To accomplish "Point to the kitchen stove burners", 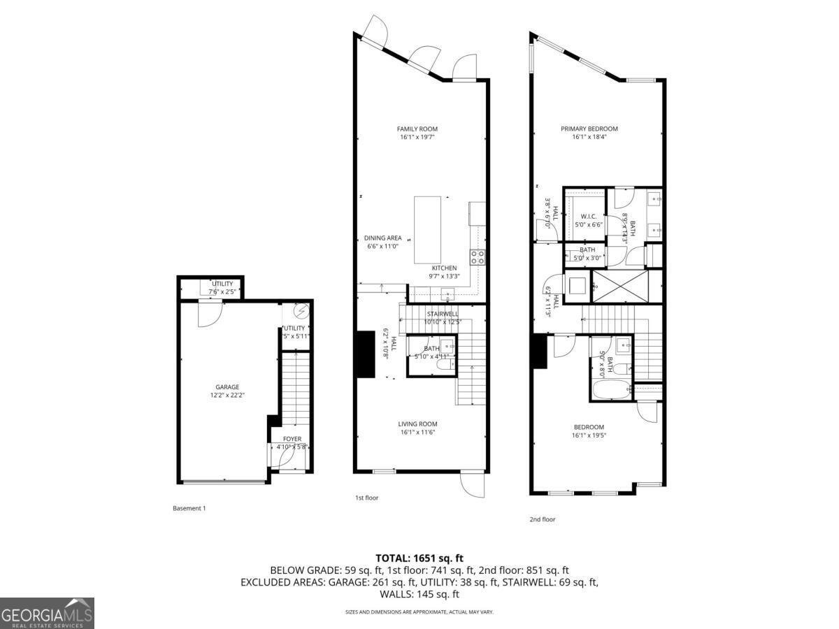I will tap(478, 257).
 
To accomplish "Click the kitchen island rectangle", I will tap(428, 229).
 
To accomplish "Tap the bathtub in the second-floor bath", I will tap(609, 389).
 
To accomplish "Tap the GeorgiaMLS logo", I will tap(47, 613).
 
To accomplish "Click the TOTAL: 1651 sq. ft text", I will tap(419, 558).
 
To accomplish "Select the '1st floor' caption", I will tap(366, 498).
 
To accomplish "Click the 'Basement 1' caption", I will tap(189, 508).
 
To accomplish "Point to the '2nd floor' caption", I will tap(543, 519).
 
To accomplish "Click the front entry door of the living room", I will tap(473, 484).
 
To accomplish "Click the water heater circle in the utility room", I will tap(301, 310).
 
